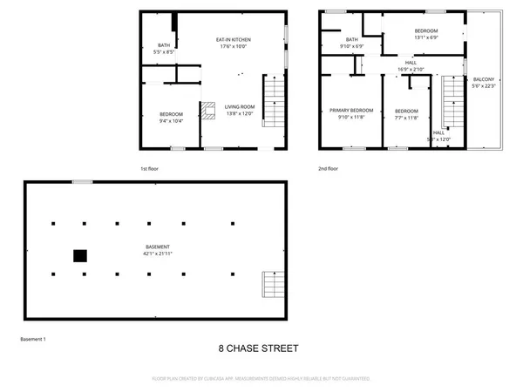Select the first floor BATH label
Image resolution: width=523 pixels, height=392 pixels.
[164, 45]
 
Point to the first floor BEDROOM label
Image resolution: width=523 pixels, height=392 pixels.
[170, 115]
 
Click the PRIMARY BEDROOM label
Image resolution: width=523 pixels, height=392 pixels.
[351, 111]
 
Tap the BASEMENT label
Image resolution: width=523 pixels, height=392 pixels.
[158, 247]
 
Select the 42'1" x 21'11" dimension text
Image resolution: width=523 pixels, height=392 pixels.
[158, 254]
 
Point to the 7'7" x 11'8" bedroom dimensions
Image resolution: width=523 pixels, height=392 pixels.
[406, 118]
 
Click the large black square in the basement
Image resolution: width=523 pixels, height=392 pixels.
[79, 255]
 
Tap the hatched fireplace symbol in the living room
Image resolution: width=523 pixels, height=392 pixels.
[207, 110]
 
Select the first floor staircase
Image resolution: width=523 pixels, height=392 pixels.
[274, 103]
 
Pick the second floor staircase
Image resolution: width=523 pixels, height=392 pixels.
[452, 103]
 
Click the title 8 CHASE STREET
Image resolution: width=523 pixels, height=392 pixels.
[258, 348]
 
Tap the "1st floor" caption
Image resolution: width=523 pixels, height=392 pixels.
[150, 168]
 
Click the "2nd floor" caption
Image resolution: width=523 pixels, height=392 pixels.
[329, 168]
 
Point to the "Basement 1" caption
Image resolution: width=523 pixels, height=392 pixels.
[32, 339]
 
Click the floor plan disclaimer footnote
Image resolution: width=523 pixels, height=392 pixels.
[261, 379]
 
